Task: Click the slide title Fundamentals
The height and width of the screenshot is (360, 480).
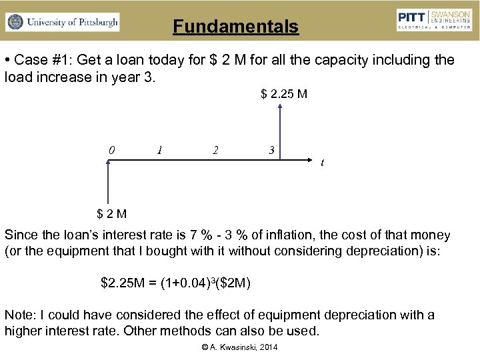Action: click(235, 27)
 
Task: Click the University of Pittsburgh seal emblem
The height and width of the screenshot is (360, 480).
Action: click(15, 22)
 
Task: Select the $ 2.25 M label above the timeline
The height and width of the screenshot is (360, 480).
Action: click(284, 94)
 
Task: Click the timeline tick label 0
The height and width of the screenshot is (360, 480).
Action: click(111, 150)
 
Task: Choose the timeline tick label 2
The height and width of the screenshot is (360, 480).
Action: click(215, 150)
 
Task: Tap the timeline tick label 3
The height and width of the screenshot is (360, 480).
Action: click(271, 150)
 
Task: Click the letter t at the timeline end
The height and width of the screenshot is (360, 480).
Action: click(323, 162)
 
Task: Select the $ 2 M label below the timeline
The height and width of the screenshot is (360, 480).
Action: click(112, 214)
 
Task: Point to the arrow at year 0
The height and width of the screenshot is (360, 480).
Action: click(107, 183)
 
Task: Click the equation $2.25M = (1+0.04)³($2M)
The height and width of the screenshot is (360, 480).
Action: click(175, 283)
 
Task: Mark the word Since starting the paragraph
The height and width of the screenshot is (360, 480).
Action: click(20, 235)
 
